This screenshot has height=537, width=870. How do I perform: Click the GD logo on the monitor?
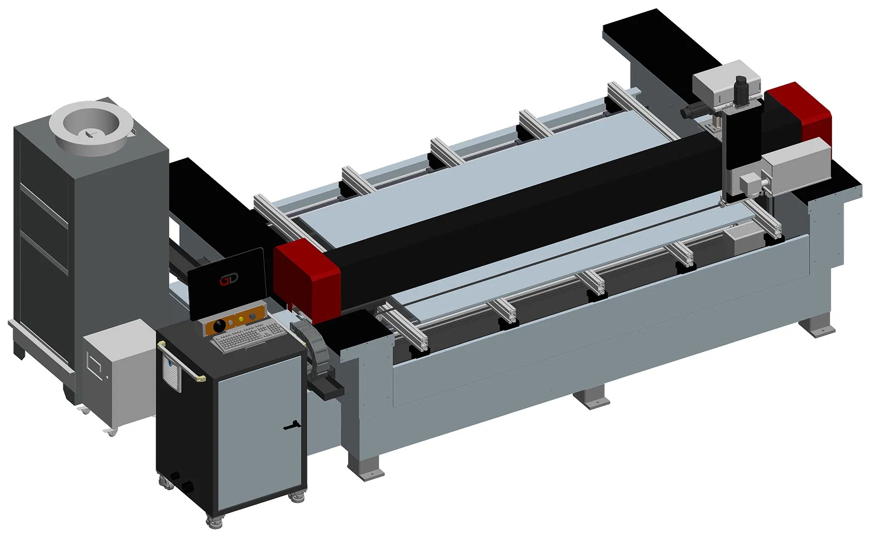229,280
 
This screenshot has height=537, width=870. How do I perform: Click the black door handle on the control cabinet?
290,426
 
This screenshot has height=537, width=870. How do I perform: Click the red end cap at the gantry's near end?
306,274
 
